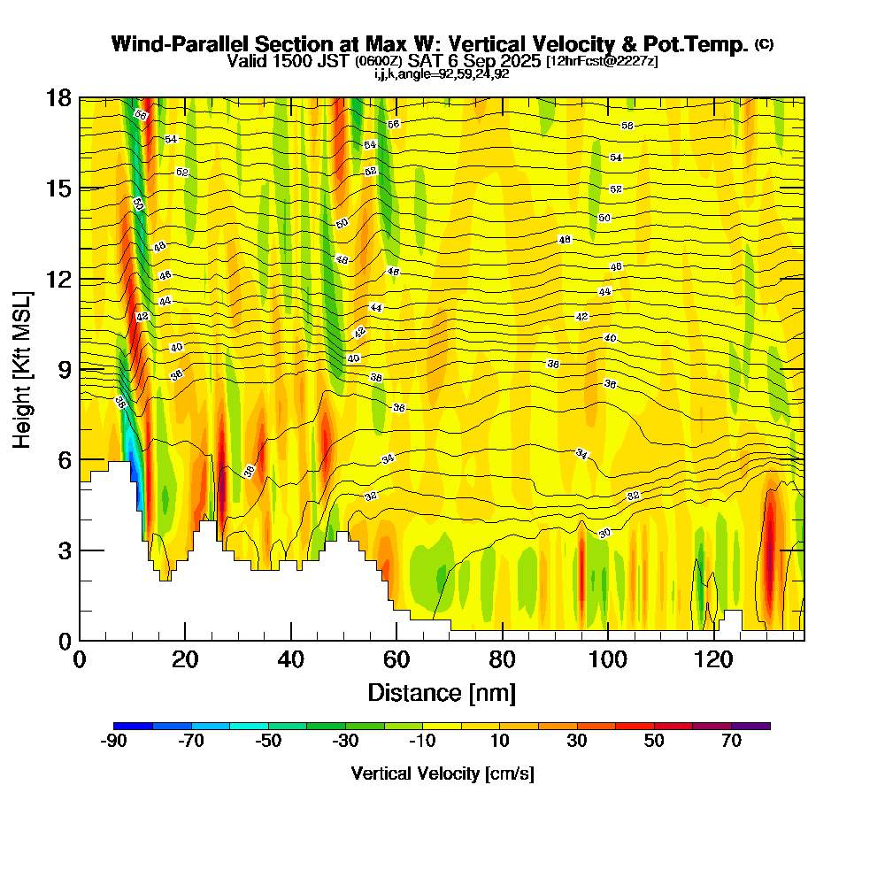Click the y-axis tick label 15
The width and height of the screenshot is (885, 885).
pyautogui.click(x=58, y=189)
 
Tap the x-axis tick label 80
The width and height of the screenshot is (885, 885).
pyautogui.click(x=503, y=660)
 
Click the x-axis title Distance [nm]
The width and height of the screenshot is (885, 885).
pyautogui.click(x=442, y=691)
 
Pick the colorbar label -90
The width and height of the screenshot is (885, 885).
pyautogui.click(x=114, y=742)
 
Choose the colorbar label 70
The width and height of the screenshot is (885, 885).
pyautogui.click(x=731, y=742)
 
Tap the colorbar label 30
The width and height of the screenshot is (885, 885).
pyautogui.click(x=577, y=742)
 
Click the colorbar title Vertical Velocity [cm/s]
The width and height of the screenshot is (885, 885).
pyautogui.click(x=442, y=773)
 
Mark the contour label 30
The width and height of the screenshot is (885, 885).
pyautogui.click(x=605, y=533)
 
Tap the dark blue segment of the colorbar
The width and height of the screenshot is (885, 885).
pyautogui.click(x=134, y=726)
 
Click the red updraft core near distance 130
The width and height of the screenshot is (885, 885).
pyautogui.click(x=770, y=558)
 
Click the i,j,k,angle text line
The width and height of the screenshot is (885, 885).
pyautogui.click(x=442, y=73)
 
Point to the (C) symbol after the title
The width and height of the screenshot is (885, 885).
pyautogui.click(x=764, y=44)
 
